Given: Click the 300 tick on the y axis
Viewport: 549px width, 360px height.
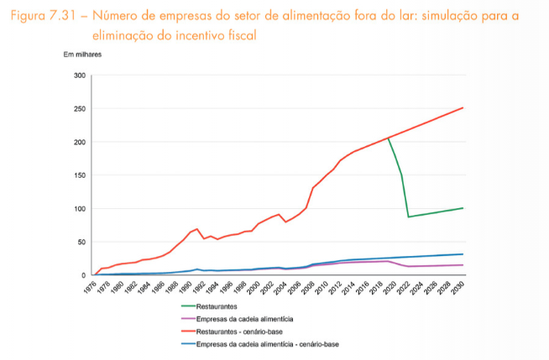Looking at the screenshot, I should (80, 76).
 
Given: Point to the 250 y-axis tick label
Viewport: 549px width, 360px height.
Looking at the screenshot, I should (80, 109).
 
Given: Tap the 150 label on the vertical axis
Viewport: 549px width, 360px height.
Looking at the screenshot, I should (80, 175).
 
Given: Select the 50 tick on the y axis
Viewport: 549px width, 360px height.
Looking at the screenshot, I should (81, 242).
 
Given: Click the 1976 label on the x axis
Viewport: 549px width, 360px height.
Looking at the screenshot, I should (89, 287).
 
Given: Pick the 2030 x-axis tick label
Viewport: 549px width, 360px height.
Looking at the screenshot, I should (461, 287).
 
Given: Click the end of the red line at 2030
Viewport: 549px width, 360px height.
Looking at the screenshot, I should (463, 107).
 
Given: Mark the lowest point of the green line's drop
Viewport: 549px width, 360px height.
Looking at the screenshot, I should (409, 217).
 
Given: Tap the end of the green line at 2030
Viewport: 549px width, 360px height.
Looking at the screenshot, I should (463, 208).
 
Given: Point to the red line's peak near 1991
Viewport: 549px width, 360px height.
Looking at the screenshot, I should (196, 228).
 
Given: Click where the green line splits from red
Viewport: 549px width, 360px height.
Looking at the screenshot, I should (388, 138).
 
